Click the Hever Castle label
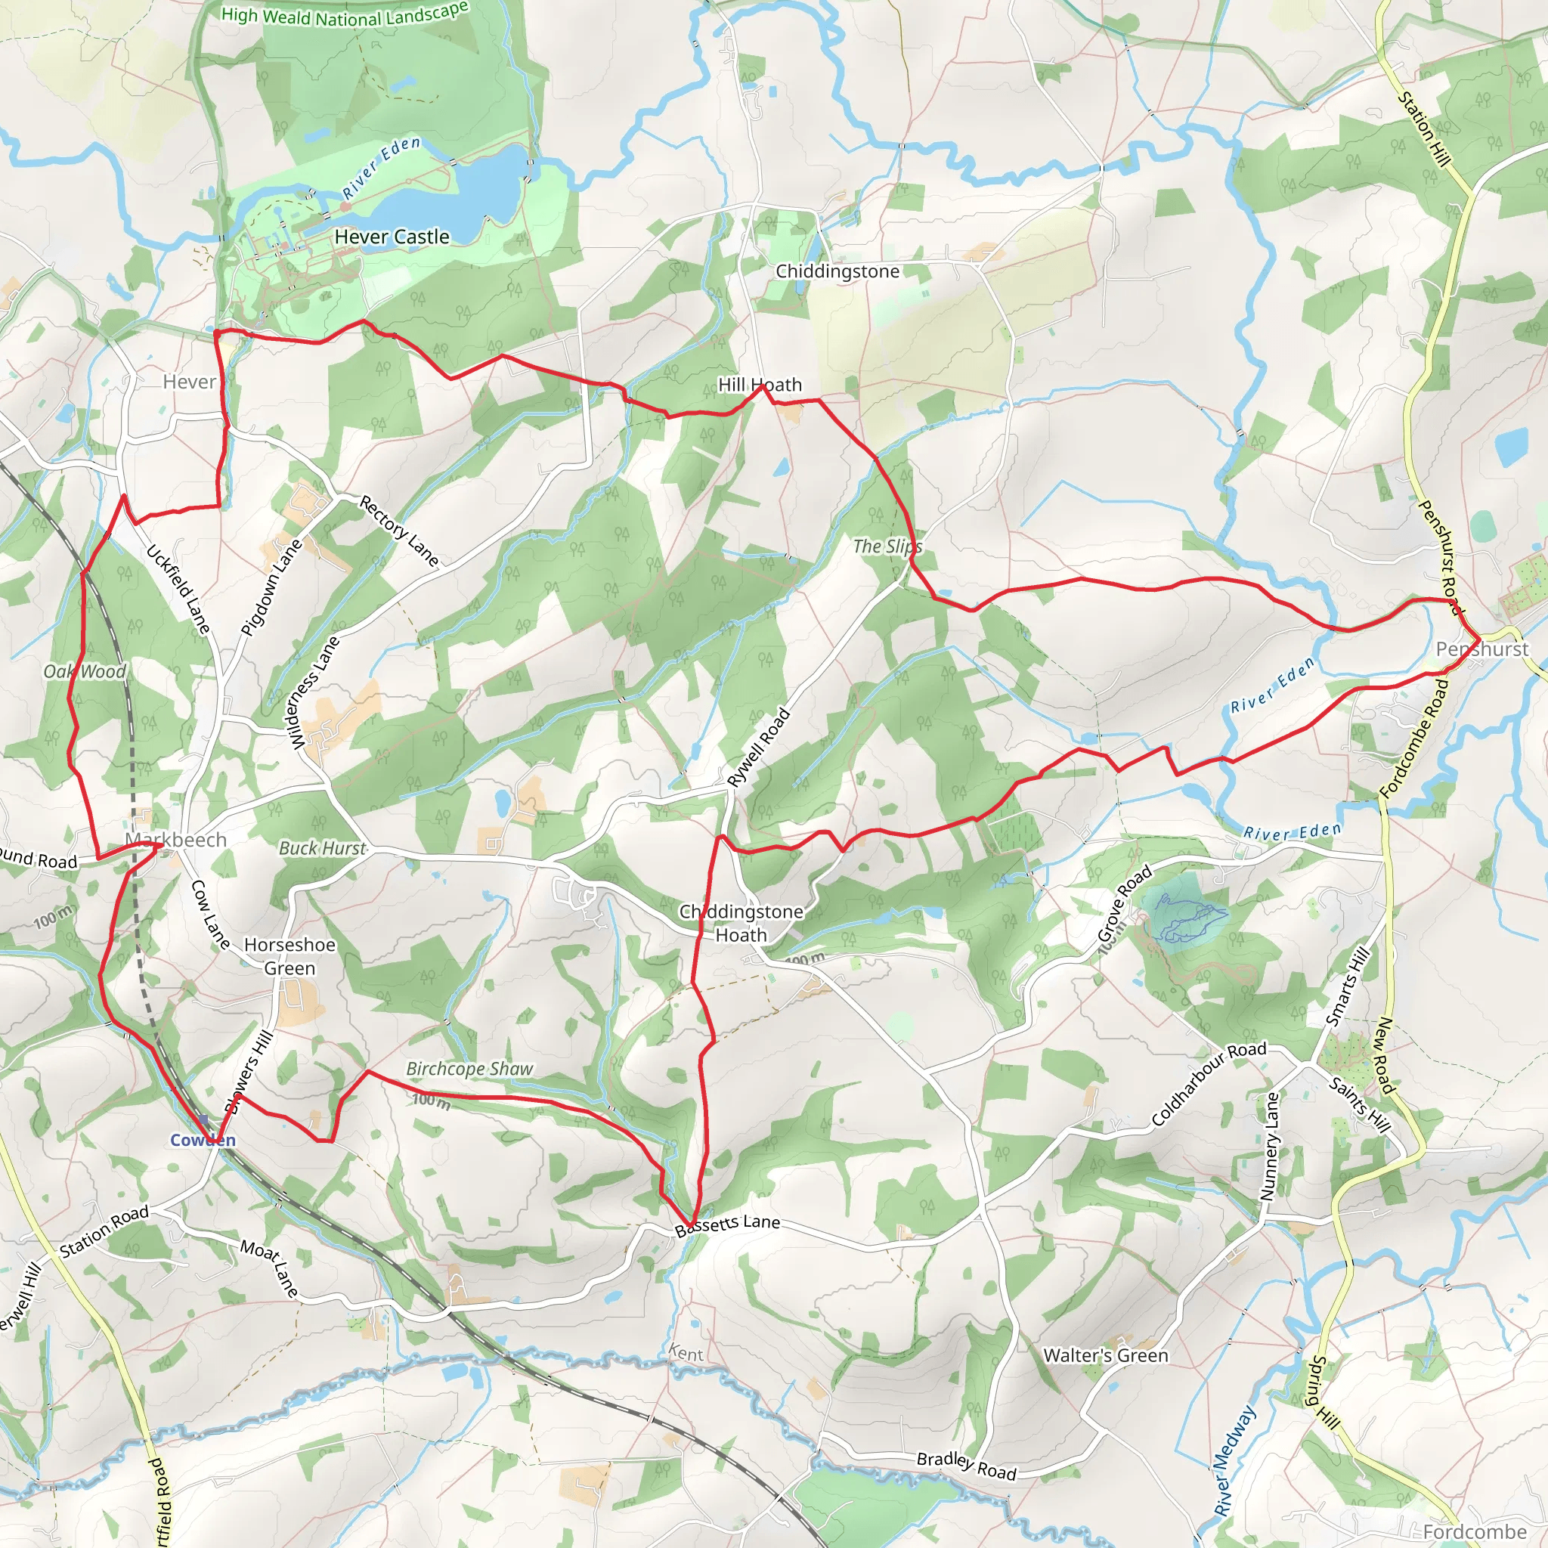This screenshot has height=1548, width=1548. point(392,237)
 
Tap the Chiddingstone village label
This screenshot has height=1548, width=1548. point(837,271)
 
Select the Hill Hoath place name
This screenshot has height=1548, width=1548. point(759,385)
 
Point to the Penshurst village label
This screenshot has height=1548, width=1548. point(1481,649)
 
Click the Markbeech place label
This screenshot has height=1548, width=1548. point(176,840)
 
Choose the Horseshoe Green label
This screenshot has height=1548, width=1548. point(289,956)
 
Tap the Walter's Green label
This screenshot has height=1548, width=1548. point(1105,1355)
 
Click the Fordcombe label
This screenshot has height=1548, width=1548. point(1474,1531)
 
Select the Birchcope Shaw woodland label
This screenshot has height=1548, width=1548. point(469,1068)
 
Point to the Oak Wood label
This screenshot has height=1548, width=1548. point(85,671)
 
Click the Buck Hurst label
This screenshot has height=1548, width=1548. point(321,848)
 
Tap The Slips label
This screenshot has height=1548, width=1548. point(887,546)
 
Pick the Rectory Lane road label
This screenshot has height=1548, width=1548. point(399,531)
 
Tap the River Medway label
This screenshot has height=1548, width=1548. point(1234,1460)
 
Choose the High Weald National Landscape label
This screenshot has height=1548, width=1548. point(344,14)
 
